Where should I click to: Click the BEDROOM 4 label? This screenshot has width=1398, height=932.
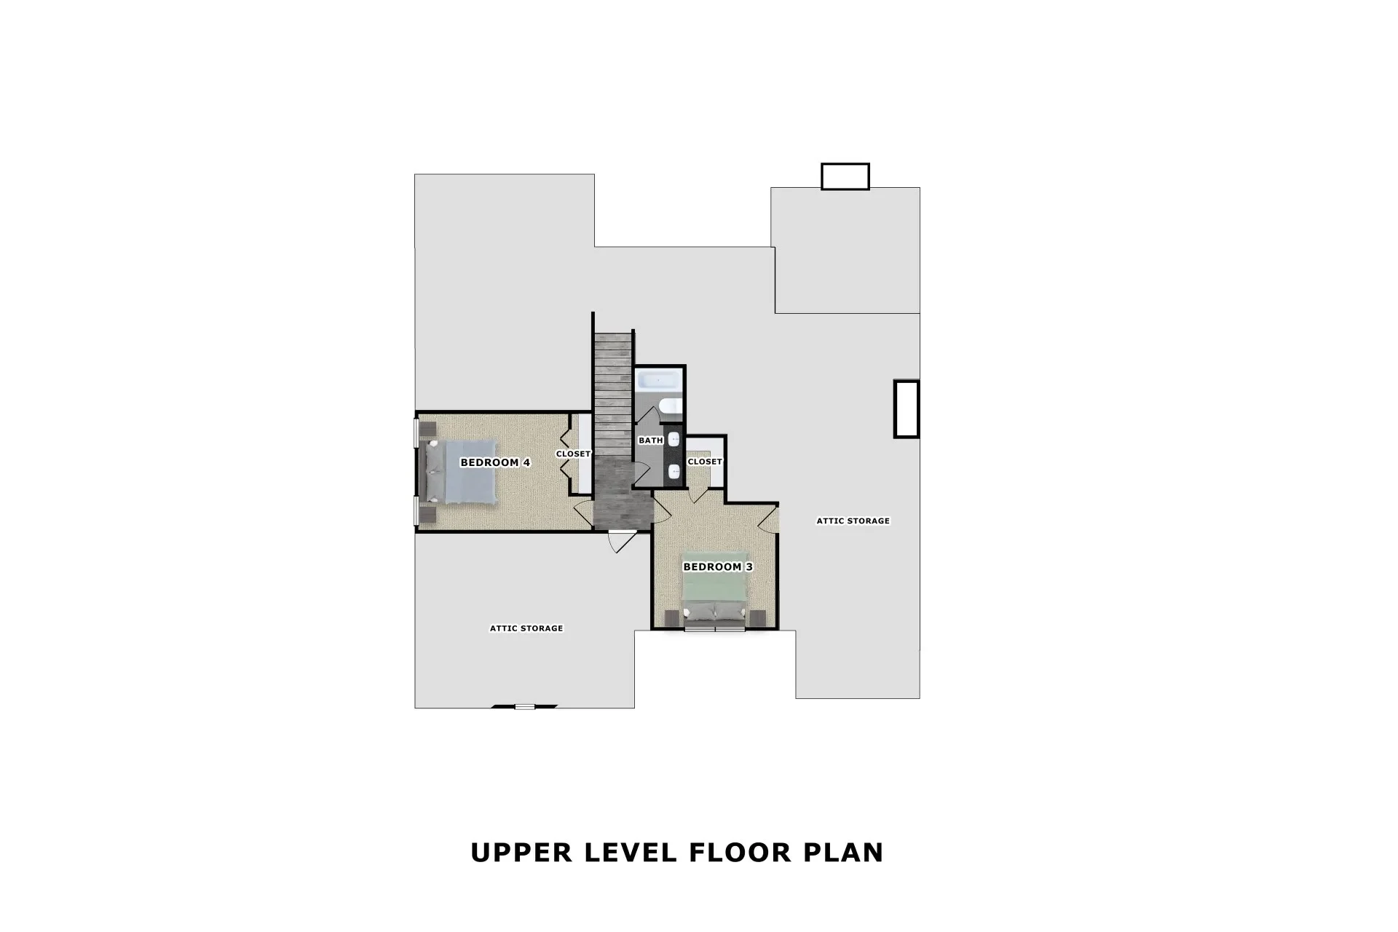point(495,462)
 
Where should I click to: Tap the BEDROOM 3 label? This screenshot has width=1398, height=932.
point(717,566)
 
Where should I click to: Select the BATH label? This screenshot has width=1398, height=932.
point(650,441)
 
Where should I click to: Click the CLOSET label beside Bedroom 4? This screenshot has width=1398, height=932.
point(573,454)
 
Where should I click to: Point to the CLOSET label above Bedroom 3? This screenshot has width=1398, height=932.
point(705,462)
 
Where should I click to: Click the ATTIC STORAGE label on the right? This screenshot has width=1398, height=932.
point(853,521)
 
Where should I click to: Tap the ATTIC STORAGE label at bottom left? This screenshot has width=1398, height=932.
point(526,628)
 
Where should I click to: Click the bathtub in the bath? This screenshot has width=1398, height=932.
point(659,381)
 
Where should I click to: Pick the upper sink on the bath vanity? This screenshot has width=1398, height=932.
point(674,439)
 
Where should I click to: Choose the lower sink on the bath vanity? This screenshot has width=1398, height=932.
point(674,471)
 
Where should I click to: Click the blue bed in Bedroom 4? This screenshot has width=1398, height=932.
point(460,472)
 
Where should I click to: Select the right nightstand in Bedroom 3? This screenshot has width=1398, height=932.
point(757,618)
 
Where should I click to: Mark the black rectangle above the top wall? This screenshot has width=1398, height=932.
point(845,176)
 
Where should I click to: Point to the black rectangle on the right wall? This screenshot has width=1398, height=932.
point(907,408)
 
